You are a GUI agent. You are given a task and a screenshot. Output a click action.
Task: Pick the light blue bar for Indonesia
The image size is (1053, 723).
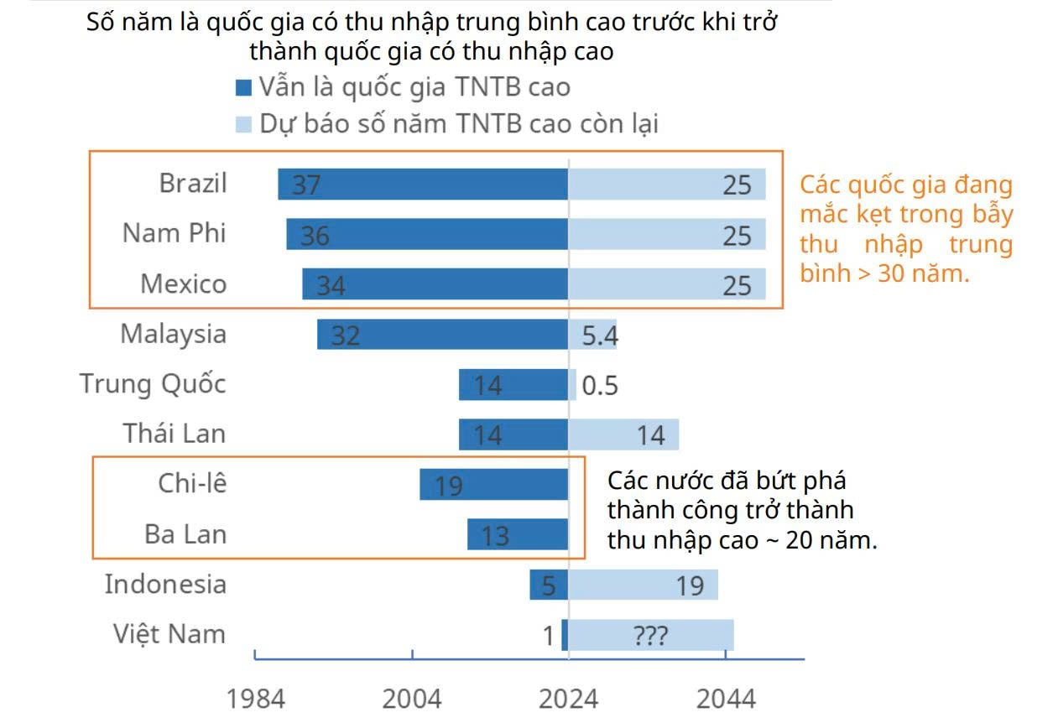coord(643,585)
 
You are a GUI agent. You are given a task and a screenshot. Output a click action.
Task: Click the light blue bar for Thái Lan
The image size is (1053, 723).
coord(623,434)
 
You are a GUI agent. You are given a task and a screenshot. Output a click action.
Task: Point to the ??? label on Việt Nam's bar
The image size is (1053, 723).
coord(650,636)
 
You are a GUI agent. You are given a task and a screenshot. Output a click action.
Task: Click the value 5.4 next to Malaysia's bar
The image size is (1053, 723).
coord(599,335)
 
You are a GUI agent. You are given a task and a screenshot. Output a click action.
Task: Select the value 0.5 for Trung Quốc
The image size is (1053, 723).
coord(599,386)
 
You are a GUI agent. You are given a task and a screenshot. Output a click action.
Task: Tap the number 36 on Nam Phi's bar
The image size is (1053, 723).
coord(315,236)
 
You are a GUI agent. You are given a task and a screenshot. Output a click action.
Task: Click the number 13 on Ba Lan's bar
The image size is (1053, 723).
coord(495,535)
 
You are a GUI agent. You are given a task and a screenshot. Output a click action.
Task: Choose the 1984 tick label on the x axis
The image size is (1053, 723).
coord(257,699)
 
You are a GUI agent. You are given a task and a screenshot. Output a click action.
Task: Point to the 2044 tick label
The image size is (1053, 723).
coord(727,699)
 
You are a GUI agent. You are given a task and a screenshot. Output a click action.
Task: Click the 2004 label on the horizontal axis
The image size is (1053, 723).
coord(413,699)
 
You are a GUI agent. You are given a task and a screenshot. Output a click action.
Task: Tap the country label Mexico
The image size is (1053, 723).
coord(183,284)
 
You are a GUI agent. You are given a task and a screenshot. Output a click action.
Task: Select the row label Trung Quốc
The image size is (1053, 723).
coord(153,384)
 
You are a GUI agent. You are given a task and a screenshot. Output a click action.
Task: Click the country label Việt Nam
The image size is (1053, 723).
coord(169,633)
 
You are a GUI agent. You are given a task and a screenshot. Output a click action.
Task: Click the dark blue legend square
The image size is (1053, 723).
coord(244,88)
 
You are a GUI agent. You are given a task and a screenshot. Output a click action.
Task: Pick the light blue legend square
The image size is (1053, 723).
coord(244,125)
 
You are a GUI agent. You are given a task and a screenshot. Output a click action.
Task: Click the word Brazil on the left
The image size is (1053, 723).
coord(193,183)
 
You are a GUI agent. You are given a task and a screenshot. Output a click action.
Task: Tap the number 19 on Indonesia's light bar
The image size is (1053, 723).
coord(690,585)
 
